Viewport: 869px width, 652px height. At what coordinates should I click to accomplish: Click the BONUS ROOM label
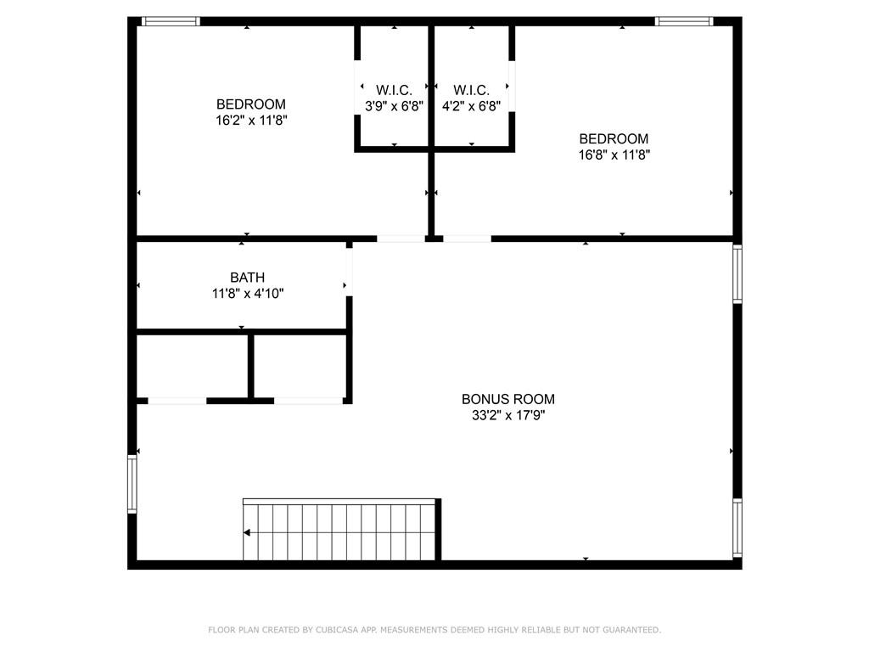coord(508,399)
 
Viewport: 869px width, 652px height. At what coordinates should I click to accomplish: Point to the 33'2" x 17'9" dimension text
coord(508,415)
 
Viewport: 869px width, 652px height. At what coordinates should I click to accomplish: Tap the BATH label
coord(247,278)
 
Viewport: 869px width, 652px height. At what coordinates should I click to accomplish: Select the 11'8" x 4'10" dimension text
coord(247,293)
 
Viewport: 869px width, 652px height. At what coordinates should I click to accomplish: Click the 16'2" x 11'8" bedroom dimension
coord(251,120)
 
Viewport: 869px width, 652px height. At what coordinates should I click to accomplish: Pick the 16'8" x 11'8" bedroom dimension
coord(614,155)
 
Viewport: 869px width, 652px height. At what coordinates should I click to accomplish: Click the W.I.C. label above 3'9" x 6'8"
coord(394,90)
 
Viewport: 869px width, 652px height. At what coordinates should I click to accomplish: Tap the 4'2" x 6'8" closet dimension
coord(471,106)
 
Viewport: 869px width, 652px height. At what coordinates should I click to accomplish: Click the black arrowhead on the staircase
coord(247,533)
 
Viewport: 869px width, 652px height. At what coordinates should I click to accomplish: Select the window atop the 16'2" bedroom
coord(171,21)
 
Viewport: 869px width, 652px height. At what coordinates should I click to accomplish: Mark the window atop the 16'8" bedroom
coord(684,21)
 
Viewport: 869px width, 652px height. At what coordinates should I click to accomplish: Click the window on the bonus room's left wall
coord(132,484)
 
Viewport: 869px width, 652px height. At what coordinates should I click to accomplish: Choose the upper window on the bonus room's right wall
coord(737,274)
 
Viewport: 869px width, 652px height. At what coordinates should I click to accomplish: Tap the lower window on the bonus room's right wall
coord(737,528)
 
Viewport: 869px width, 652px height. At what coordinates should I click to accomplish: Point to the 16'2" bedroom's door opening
coord(401,239)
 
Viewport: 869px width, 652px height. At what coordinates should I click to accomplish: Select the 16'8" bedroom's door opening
coord(468,239)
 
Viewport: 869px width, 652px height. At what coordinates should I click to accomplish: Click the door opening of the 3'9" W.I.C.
coord(357,86)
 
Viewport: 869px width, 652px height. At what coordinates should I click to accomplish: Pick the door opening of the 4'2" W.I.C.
coord(512,86)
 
